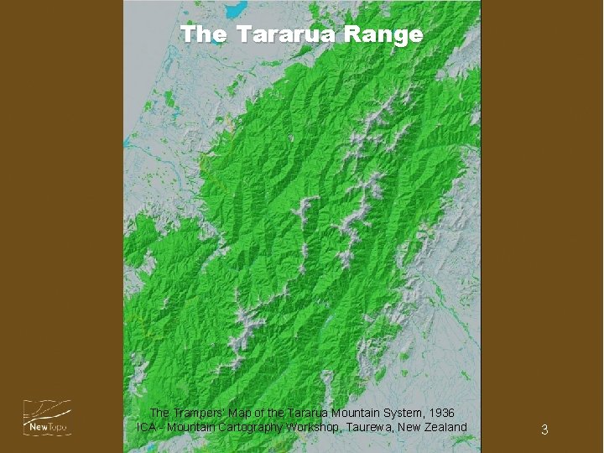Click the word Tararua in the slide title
coord(294,34)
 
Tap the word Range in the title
coord(388,34)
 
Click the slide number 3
coord(544,430)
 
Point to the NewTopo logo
coord(47,418)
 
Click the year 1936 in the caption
coord(440,414)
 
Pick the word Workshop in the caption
coord(309,428)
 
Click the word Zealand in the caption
coord(445,428)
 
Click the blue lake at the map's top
coord(236,9)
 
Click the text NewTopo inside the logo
coord(47,428)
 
